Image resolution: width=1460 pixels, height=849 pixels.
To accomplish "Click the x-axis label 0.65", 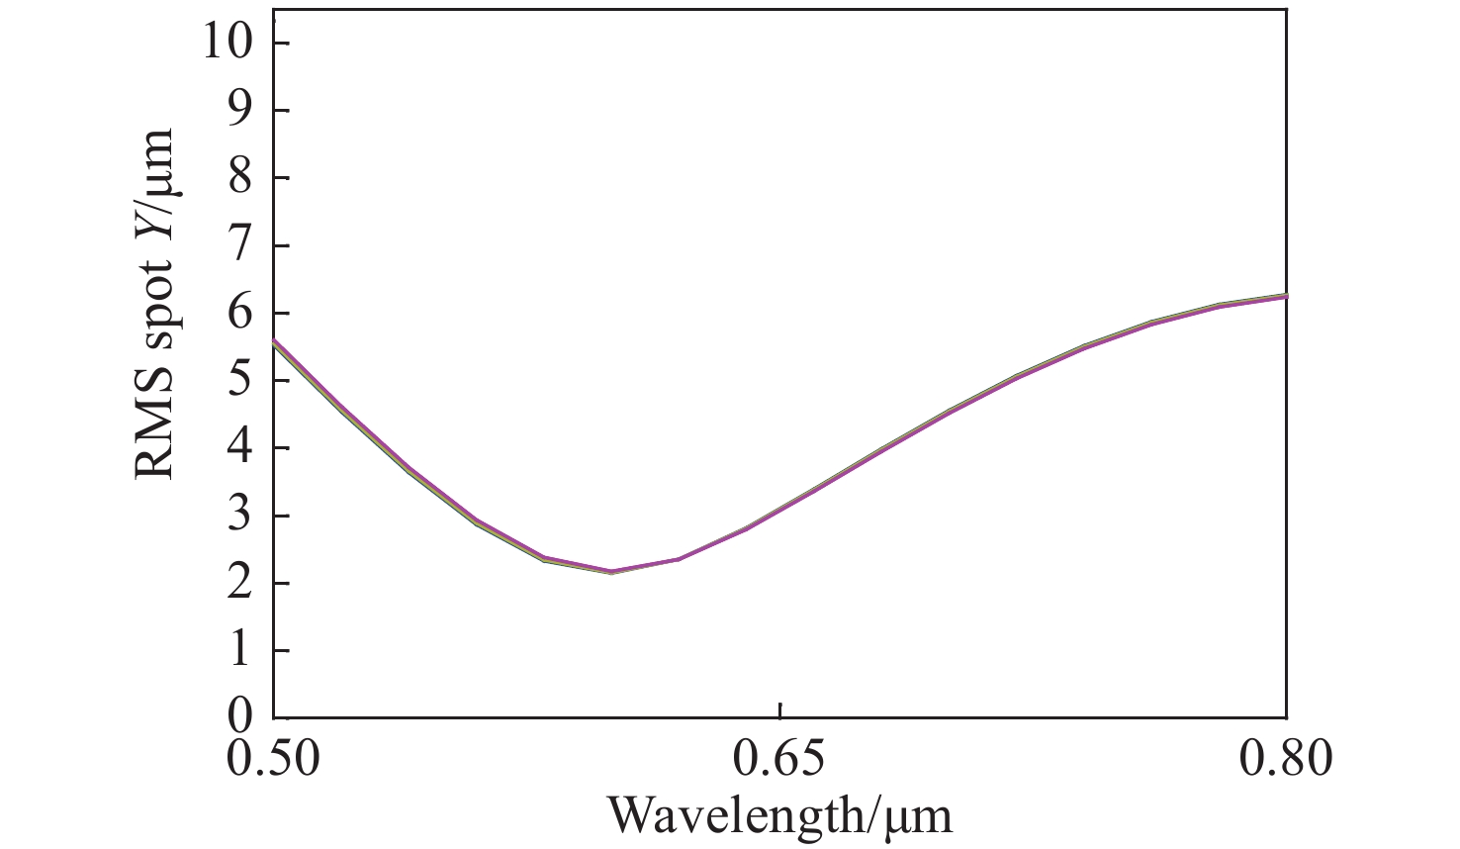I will coord(780,760).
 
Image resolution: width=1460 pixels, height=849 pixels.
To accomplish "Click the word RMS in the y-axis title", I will coord(155,430).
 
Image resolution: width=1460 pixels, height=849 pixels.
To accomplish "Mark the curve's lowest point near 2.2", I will coord(611,571).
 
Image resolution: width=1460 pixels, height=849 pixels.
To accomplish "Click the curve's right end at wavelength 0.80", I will coord(1286,296).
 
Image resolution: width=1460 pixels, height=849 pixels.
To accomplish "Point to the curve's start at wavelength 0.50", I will coord(274,341).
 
